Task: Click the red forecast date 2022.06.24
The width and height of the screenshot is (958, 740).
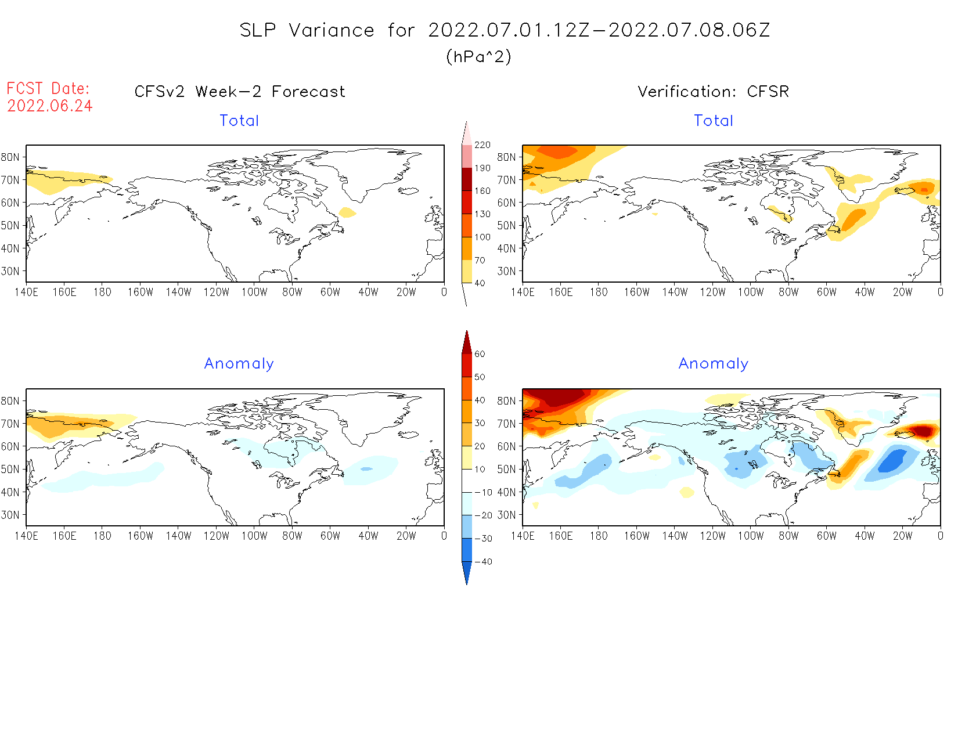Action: pyautogui.click(x=50, y=106)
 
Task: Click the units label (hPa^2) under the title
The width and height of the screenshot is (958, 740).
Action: pyautogui.click(x=478, y=57)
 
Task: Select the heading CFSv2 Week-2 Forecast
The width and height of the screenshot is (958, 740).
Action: pyautogui.click(x=240, y=92)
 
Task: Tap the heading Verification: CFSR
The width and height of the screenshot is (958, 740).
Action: pyautogui.click(x=713, y=92)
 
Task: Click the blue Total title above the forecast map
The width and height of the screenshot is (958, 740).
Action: pyautogui.click(x=239, y=121)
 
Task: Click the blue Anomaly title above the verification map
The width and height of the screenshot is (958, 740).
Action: pyautogui.click(x=714, y=363)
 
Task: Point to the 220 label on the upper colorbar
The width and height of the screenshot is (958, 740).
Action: pyautogui.click(x=482, y=145)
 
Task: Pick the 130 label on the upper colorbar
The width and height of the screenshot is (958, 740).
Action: pyautogui.click(x=482, y=214)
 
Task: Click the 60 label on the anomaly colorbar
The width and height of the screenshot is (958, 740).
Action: pyautogui.click(x=480, y=354)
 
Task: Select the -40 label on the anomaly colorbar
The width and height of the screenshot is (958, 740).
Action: pyautogui.click(x=483, y=562)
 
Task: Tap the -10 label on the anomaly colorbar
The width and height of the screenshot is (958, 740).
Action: pyautogui.click(x=483, y=492)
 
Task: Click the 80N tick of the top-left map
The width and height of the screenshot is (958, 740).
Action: pyautogui.click(x=10, y=157)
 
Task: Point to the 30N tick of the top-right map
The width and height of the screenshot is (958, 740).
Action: pyautogui.click(x=506, y=271)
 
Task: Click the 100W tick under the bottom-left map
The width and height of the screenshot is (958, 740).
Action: pyautogui.click(x=254, y=536)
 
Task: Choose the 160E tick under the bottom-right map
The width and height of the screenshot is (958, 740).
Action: pyautogui.click(x=561, y=536)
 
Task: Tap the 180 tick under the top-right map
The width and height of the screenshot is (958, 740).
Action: pyautogui.click(x=599, y=292)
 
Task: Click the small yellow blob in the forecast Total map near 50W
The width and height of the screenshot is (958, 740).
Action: pyautogui.click(x=347, y=212)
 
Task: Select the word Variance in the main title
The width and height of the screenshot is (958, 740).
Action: pyautogui.click(x=332, y=30)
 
